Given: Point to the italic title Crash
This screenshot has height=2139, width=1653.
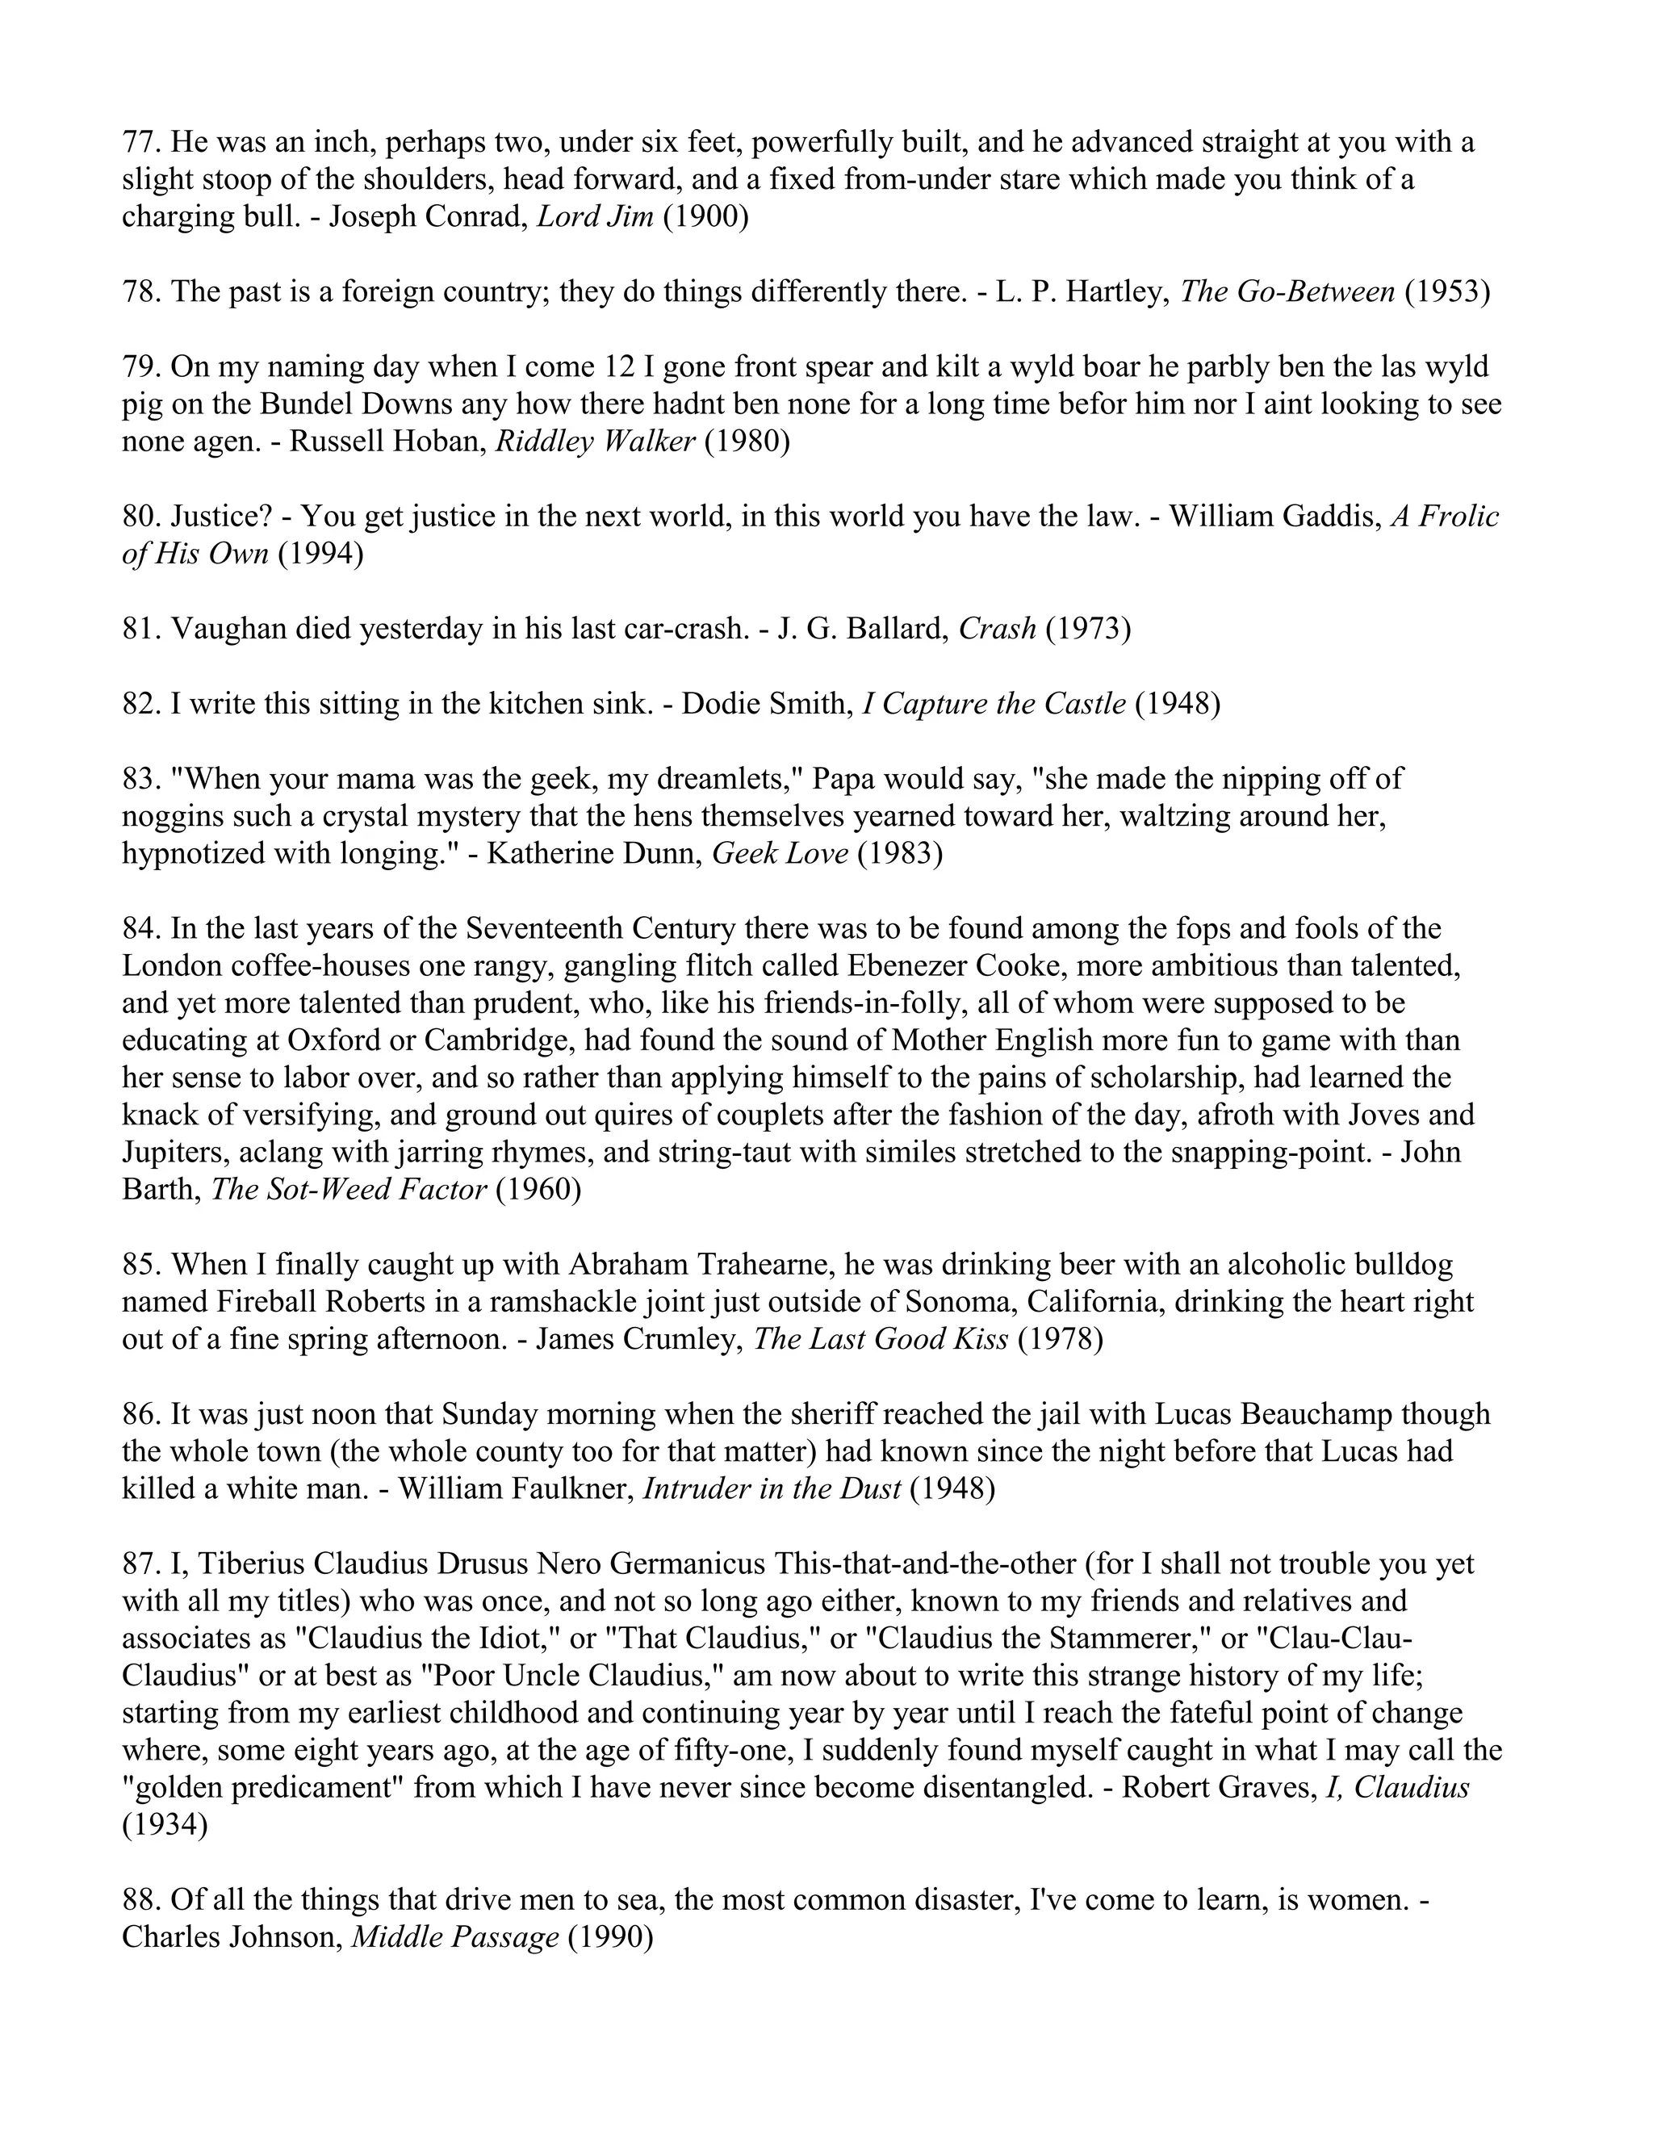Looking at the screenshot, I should [x=997, y=629].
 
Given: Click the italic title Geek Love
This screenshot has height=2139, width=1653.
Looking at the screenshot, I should [x=780, y=854].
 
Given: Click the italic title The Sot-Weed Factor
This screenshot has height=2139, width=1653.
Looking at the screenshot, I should [x=349, y=1190].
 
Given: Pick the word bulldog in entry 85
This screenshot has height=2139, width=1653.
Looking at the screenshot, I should [x=1404, y=1264].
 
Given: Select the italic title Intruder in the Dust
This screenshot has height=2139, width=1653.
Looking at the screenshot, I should [x=772, y=1488].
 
